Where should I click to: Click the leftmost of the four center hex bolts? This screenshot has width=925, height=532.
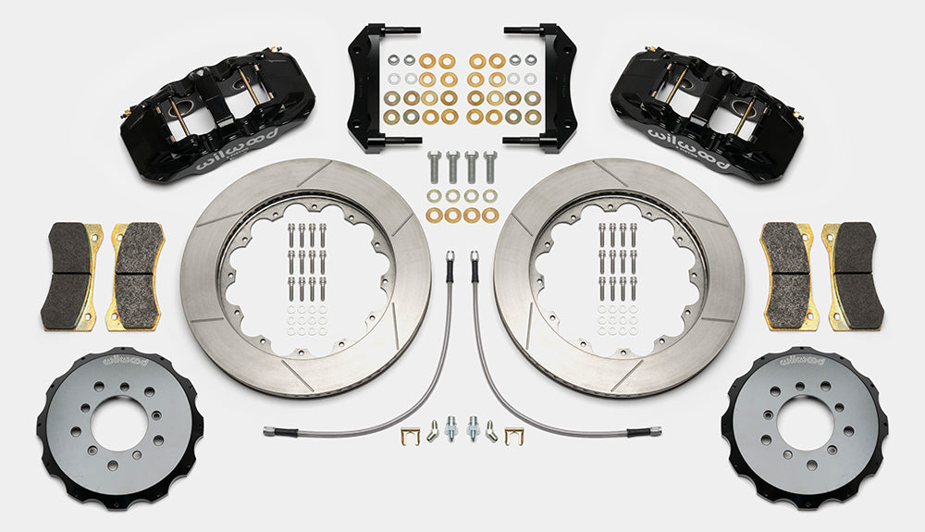pos(434,167)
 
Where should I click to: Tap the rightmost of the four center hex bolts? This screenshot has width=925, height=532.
pos(489,167)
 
